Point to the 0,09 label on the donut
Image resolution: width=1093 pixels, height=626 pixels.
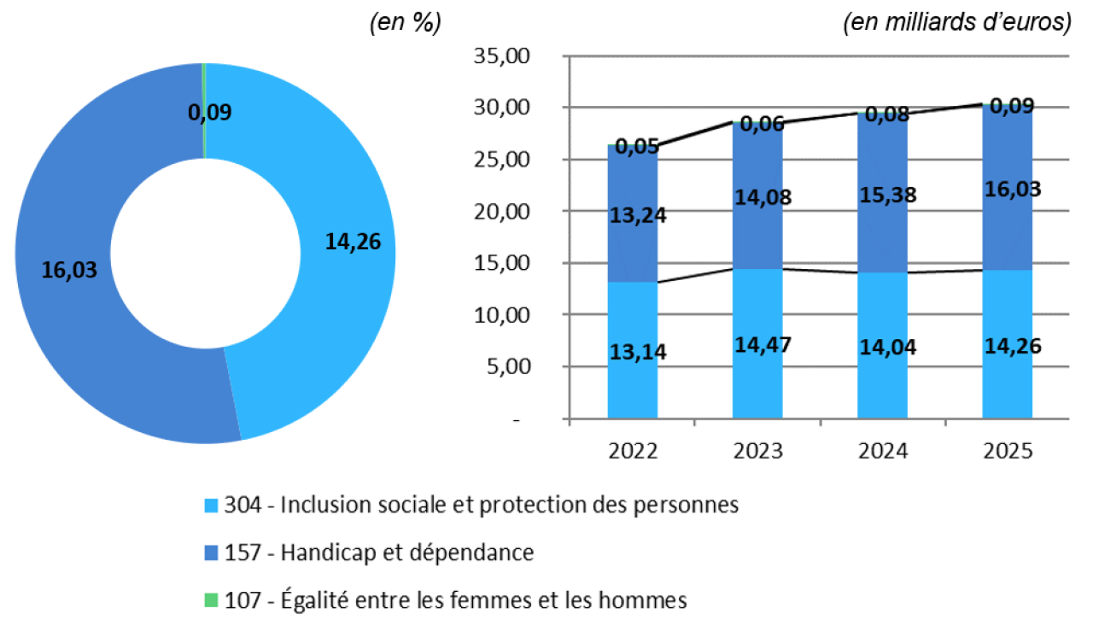tap(210, 111)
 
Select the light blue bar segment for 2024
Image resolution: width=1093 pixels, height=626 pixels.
tap(883, 384)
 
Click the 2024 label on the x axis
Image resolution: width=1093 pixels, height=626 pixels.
tap(883, 450)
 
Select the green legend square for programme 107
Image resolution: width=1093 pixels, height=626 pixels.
tap(211, 600)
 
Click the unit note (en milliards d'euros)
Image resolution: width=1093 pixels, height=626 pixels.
tap(957, 24)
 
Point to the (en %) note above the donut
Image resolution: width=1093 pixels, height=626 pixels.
tap(405, 24)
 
